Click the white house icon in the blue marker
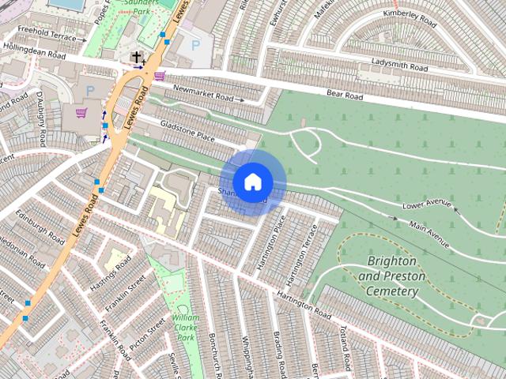coord(252,182)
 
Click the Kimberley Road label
coord(409,14)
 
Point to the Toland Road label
coord(345,345)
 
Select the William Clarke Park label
coord(185,326)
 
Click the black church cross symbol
coord(138,57)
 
